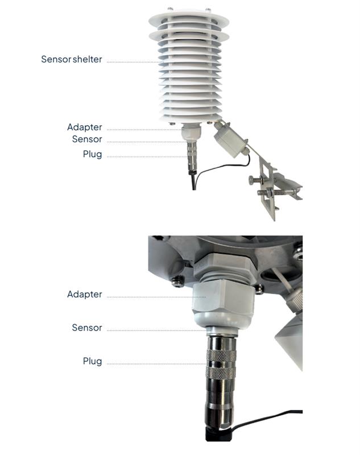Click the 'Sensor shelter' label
[x=71, y=59]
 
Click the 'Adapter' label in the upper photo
[x=84, y=127]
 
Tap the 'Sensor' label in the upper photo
[x=87, y=139]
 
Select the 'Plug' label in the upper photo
[x=92, y=154]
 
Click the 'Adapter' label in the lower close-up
[x=84, y=294]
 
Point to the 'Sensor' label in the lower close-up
[x=87, y=328]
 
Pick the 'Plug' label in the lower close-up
[x=92, y=361]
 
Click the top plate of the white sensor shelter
[x=189, y=20]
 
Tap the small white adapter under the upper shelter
[x=191, y=133]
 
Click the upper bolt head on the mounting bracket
[x=252, y=180]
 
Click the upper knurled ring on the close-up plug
[x=221, y=356]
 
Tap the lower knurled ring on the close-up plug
[x=221, y=373]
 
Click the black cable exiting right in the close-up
[x=266, y=418]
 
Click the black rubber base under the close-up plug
[x=218, y=435]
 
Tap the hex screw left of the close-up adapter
[x=178, y=281]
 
